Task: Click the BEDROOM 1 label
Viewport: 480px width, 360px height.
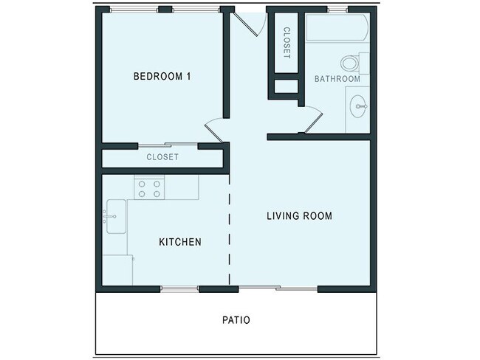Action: point(162,76)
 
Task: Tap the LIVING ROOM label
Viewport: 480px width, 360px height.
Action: point(299,216)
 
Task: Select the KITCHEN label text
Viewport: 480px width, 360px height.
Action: point(180,242)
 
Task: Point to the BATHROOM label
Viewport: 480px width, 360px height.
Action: point(337,79)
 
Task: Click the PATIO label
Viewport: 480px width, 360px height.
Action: point(236,321)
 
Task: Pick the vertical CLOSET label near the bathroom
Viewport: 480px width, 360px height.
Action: point(287,43)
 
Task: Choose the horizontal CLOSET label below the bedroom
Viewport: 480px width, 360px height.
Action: point(162,157)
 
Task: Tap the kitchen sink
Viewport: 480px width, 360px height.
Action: point(115,216)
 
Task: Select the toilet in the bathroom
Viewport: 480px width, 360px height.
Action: point(352,63)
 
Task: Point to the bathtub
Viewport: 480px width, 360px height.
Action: point(336,29)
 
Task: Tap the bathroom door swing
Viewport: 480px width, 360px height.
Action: point(311,120)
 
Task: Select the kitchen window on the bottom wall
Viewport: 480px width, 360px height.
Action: point(179,288)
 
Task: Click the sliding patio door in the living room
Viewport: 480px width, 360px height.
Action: point(273,288)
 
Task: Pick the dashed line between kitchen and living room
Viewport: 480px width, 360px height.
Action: point(230,229)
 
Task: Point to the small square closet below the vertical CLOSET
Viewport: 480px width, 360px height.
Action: point(285,86)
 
